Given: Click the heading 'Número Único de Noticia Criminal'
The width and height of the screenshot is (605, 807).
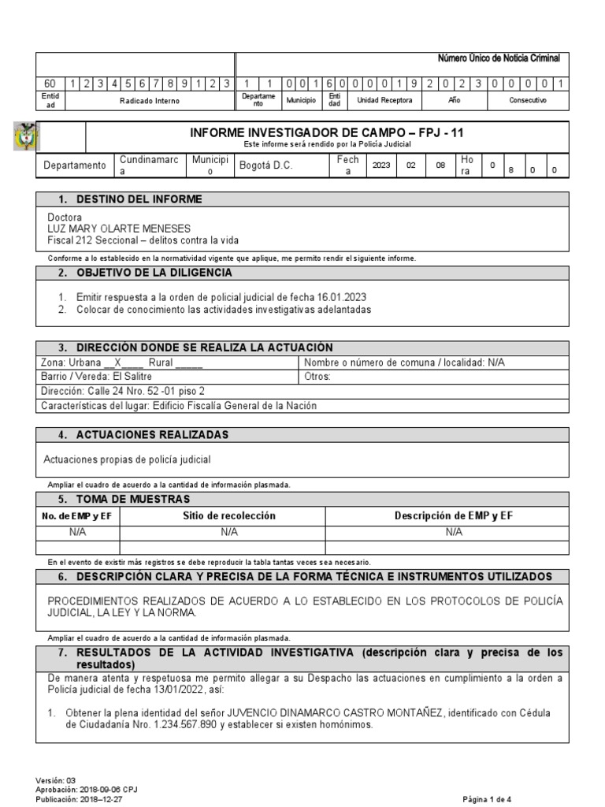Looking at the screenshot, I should [x=499, y=59].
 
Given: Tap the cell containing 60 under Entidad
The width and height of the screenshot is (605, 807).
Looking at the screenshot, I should [x=50, y=83].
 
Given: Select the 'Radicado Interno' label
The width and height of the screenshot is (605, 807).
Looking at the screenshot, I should [x=150, y=101].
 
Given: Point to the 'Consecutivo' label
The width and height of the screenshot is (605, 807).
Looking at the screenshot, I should [x=528, y=101].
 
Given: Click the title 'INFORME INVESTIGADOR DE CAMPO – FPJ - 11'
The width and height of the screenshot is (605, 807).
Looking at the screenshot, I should [x=332, y=133].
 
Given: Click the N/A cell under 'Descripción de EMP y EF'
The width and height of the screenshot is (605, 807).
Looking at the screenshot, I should [x=454, y=532].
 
